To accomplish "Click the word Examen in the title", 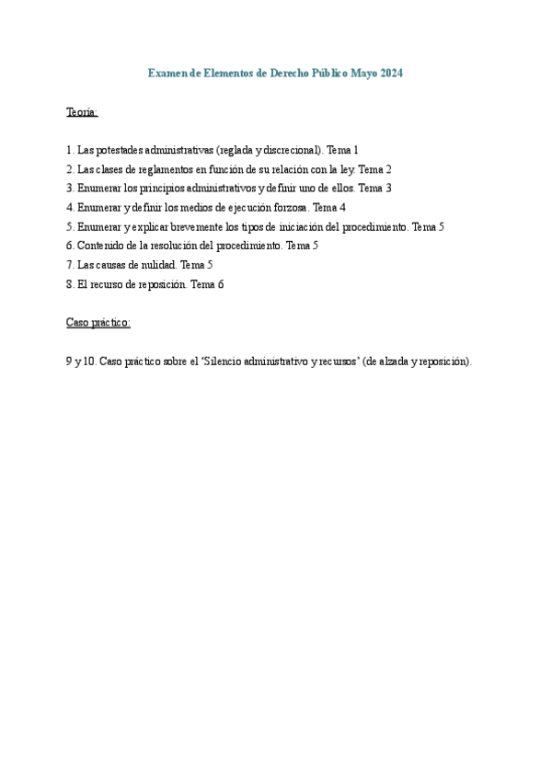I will coord(167,73).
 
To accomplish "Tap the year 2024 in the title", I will coord(389,73).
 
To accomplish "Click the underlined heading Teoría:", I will coord(82,112).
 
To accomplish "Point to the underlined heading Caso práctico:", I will coord(98,323).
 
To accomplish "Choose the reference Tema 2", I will coord(375,169).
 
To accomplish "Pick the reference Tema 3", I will coord(375,188).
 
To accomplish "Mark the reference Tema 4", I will coord(329,208).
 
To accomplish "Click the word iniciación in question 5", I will coord(300,226).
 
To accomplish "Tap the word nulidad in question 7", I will coord(153,265).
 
